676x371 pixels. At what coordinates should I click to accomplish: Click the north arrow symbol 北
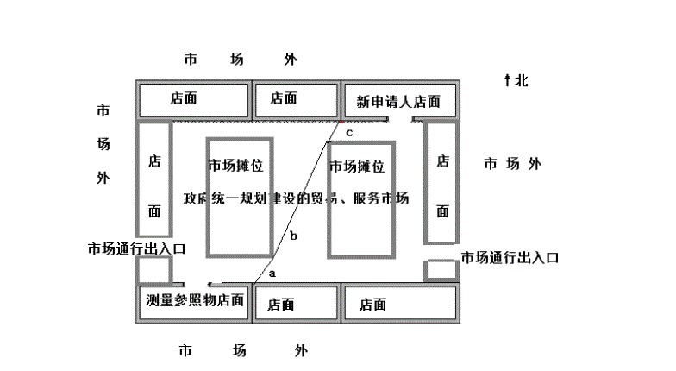pyautogui.click(x=516, y=80)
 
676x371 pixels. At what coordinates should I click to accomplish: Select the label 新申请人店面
pyautogui.click(x=398, y=102)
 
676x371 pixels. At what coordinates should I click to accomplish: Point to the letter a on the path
pyautogui.click(x=272, y=272)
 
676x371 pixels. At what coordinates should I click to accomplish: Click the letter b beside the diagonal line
pyautogui.click(x=293, y=236)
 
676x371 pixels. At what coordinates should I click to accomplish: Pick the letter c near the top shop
pyautogui.click(x=349, y=134)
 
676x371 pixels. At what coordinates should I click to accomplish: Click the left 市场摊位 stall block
pyautogui.click(x=240, y=195)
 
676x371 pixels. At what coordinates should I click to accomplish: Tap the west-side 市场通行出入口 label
pyautogui.click(x=136, y=248)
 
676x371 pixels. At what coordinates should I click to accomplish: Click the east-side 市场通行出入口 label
pyautogui.click(x=510, y=257)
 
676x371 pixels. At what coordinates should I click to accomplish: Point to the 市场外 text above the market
pyautogui.click(x=239, y=60)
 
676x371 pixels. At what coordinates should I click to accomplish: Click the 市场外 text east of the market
pyautogui.click(x=512, y=164)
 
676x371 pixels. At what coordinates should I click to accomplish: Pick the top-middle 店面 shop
pyautogui.click(x=283, y=99)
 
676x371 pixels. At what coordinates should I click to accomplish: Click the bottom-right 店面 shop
pyautogui.click(x=372, y=304)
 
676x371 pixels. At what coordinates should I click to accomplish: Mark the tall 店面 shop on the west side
pyautogui.click(x=155, y=185)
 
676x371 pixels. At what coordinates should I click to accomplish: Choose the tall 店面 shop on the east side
pyautogui.click(x=442, y=185)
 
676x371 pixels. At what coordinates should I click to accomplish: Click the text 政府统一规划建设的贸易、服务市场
pyautogui.click(x=296, y=198)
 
